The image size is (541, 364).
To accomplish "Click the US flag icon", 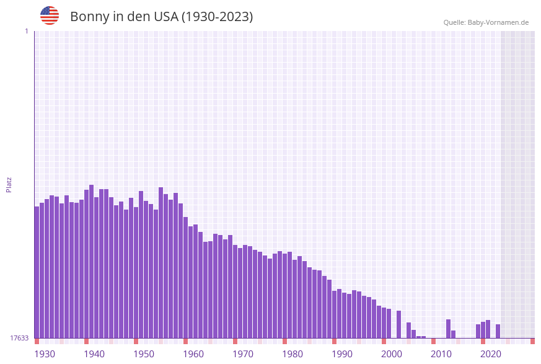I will click(50, 16).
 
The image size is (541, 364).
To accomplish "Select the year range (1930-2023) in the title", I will click(217, 17).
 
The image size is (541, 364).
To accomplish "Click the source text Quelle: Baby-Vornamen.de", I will click(486, 22).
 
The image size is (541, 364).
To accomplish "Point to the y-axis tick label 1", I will click(26, 31).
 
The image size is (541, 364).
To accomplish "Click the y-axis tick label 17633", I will click(19, 338).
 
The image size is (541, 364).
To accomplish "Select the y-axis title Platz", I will click(9, 184).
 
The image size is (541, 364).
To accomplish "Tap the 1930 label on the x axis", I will click(45, 353).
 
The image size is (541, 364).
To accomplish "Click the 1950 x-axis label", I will click(144, 353).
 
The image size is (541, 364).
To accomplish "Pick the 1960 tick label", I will click(193, 353).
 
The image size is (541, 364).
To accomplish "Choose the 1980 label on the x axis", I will click(292, 353).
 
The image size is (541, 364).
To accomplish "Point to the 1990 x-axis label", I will click(342, 353).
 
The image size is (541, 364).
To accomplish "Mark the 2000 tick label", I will click(392, 353).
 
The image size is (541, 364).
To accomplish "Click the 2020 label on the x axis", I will click(491, 353).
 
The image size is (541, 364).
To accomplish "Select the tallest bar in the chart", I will click(92, 260).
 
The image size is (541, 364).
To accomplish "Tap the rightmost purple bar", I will click(498, 331).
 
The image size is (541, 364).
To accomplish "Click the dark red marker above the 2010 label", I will click(433, 341).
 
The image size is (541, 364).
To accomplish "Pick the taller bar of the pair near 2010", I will click(448, 329).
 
